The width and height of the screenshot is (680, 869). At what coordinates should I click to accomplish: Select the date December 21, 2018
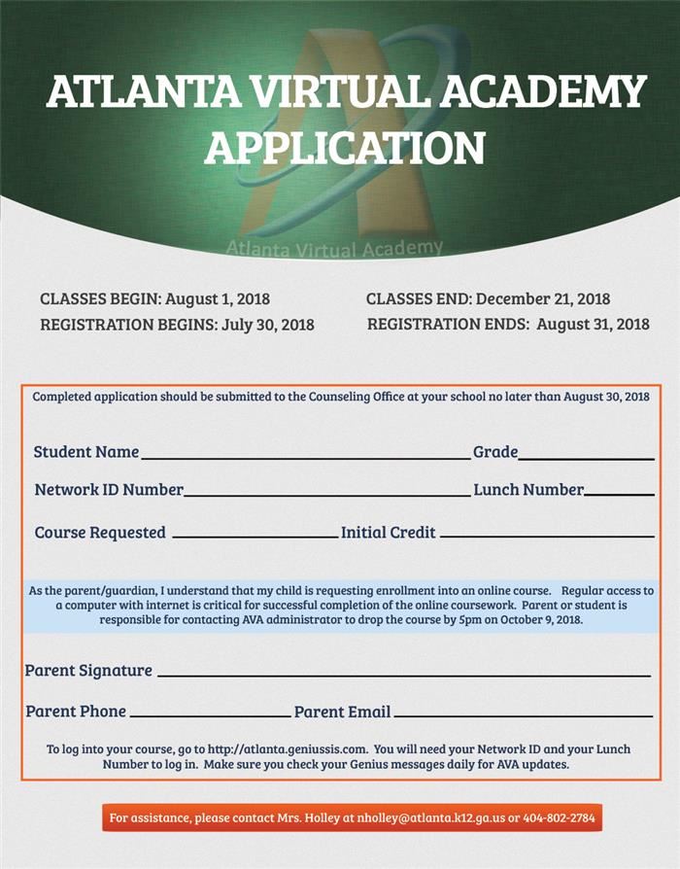pos(543,299)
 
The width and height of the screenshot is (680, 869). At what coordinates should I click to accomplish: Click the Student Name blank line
pos(305,455)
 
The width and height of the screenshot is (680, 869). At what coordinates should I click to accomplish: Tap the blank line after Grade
pos(586,457)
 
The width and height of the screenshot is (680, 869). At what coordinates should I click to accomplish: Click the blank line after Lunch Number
pos(619,494)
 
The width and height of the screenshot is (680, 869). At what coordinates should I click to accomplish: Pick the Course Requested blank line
pos(255,536)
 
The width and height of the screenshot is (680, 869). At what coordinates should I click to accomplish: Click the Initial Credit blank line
pos(547,536)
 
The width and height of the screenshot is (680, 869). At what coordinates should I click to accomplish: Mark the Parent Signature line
pos(403,674)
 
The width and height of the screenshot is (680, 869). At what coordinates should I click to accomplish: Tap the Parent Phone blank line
pos(210,715)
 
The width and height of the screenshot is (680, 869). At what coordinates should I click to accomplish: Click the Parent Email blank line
pos(523,715)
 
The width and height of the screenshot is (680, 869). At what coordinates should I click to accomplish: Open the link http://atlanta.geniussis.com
pos(288,749)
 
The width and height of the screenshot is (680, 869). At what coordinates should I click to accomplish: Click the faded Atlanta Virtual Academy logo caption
pos(334,248)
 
